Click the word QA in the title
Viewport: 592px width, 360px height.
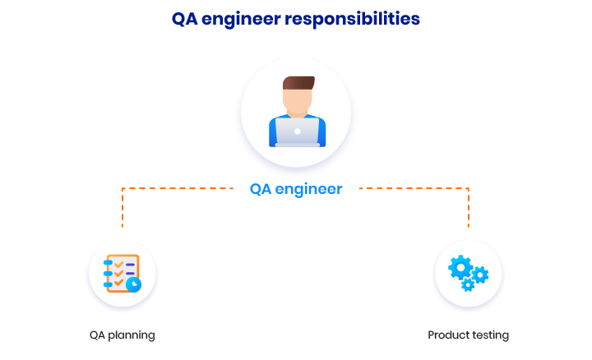(185, 18)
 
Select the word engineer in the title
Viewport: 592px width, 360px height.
(241, 20)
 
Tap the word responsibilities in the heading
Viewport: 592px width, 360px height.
(352, 20)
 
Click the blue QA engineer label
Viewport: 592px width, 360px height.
(296, 189)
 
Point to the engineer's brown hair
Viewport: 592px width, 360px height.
(298, 83)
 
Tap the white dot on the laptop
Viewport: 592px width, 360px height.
(298, 132)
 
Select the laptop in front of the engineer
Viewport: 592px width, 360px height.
(298, 132)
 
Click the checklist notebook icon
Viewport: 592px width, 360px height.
(122, 274)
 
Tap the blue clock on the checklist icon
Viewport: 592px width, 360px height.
(134, 284)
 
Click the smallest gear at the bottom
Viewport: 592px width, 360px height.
(468, 285)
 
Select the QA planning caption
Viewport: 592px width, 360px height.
(123, 335)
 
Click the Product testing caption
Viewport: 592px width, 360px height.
(468, 335)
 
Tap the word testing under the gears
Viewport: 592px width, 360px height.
(490, 335)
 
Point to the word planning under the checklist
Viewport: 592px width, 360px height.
(132, 335)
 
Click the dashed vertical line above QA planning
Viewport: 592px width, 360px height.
(123, 208)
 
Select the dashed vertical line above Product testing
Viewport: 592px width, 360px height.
(469, 208)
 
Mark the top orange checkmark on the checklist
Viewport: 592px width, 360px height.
(119, 265)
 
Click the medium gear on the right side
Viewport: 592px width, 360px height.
(480, 275)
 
